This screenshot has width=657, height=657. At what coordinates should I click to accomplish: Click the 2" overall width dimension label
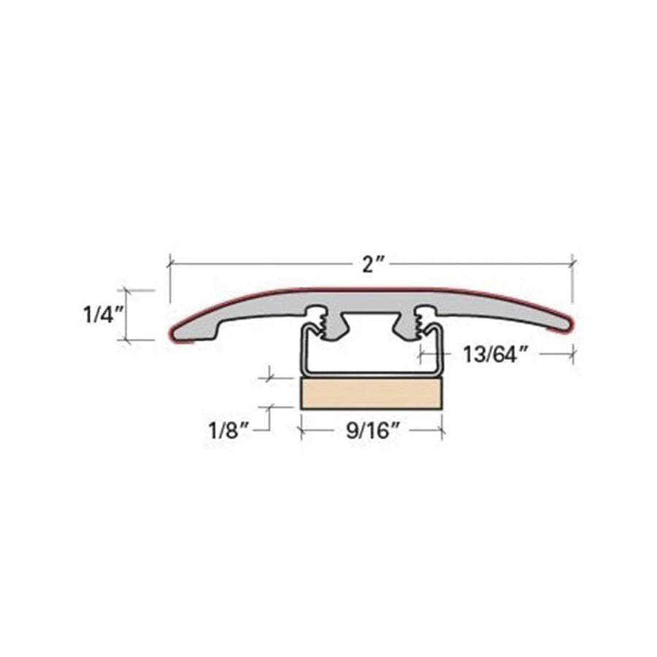point(372,264)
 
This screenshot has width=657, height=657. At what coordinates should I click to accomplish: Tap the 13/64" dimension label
point(495,355)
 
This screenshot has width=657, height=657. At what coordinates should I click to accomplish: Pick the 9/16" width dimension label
point(372,430)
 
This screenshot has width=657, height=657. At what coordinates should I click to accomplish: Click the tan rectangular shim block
point(372,393)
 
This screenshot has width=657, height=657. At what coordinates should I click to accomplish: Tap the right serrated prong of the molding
point(420,321)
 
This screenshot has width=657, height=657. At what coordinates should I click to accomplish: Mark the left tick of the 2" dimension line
point(170,263)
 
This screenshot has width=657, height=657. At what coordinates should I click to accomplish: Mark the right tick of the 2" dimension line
point(572,263)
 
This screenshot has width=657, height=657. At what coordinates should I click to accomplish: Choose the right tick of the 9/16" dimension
point(442,429)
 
